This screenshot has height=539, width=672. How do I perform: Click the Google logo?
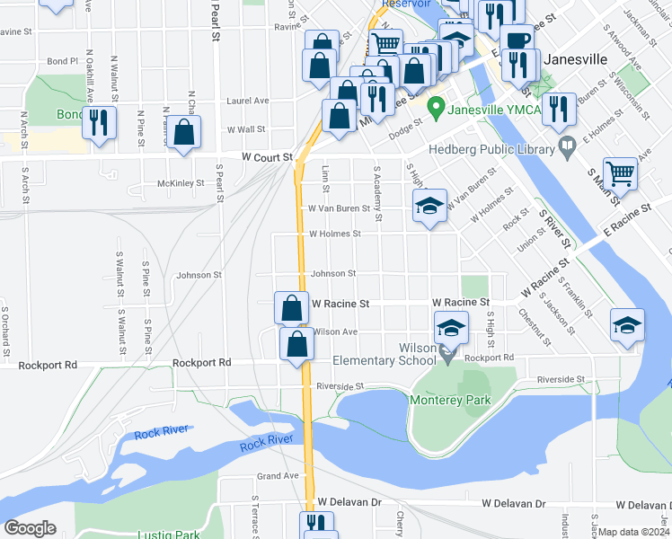click(30, 528)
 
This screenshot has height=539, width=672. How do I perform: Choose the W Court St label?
click(267, 157)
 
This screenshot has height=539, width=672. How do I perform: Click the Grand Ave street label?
click(277, 475)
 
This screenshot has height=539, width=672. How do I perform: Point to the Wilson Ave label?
click(336, 332)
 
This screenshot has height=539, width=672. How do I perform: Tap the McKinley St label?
click(181, 183)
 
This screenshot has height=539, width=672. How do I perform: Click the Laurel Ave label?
click(248, 102)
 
